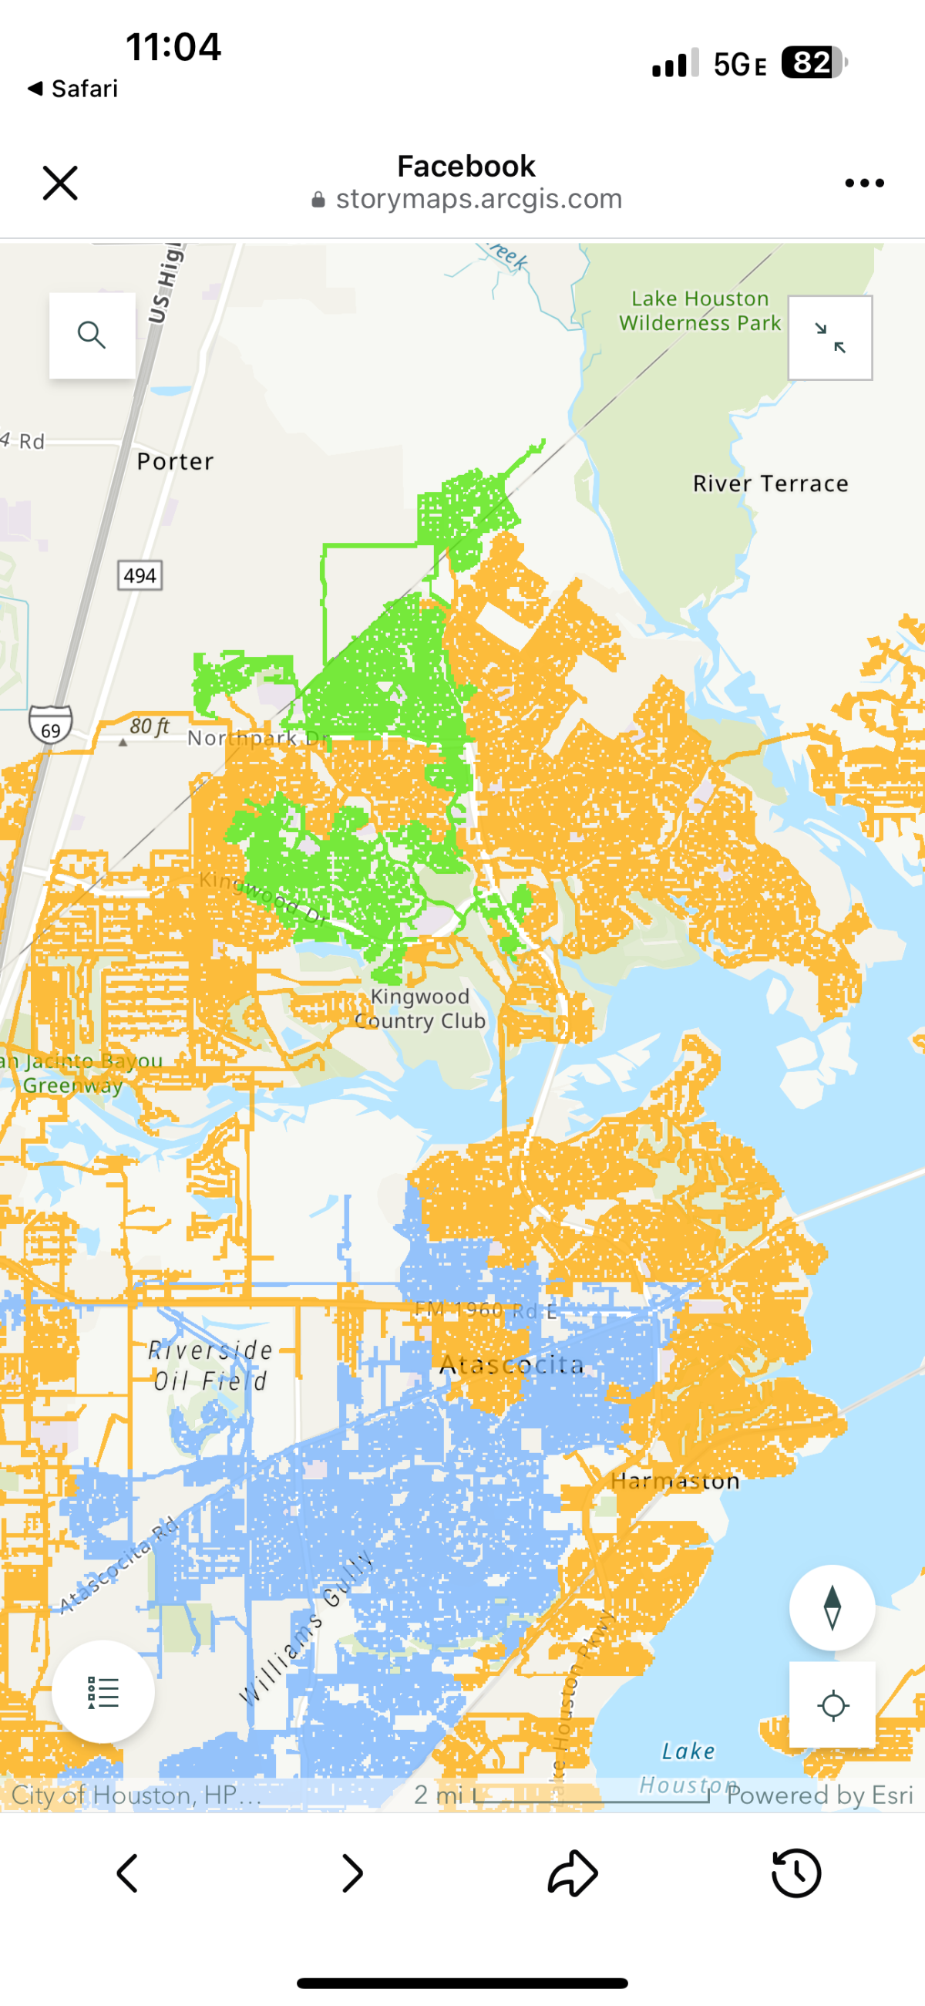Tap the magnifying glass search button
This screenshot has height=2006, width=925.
pos(92,335)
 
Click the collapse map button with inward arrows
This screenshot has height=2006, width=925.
pos(830,338)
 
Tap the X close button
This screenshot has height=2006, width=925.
pos(60,183)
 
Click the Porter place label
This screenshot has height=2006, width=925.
pos(175,462)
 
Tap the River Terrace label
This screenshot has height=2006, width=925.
pos(770,484)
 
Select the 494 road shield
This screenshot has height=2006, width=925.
pos(140,575)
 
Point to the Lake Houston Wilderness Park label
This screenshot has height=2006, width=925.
pos(699,311)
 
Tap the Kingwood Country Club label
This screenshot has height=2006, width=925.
pos(420,1009)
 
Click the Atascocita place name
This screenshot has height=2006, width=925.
pos(512,1364)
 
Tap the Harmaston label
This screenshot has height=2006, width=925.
pos(675,1481)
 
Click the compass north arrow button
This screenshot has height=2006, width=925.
pos(832,1607)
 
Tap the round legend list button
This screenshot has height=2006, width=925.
pos(103,1692)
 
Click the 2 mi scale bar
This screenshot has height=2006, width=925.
pos(592,1795)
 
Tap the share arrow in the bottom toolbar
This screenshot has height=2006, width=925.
pos(573,1872)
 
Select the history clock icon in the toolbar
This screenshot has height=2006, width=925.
pos(795,1872)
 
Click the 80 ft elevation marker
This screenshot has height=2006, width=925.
pos(148,727)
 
